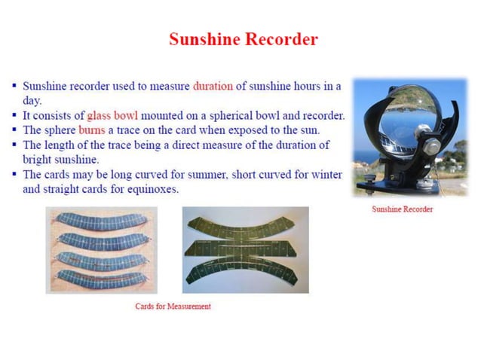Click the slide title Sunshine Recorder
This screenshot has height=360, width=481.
click(243, 39)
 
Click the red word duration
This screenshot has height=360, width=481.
click(213, 87)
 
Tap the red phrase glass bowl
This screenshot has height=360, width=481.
click(113, 115)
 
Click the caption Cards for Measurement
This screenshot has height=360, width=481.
click(173, 307)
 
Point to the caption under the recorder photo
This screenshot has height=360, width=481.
click(403, 209)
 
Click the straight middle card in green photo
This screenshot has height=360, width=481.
click(245, 250)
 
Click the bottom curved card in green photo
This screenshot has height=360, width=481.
click(245, 273)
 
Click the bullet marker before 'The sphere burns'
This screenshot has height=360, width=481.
click(14, 130)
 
